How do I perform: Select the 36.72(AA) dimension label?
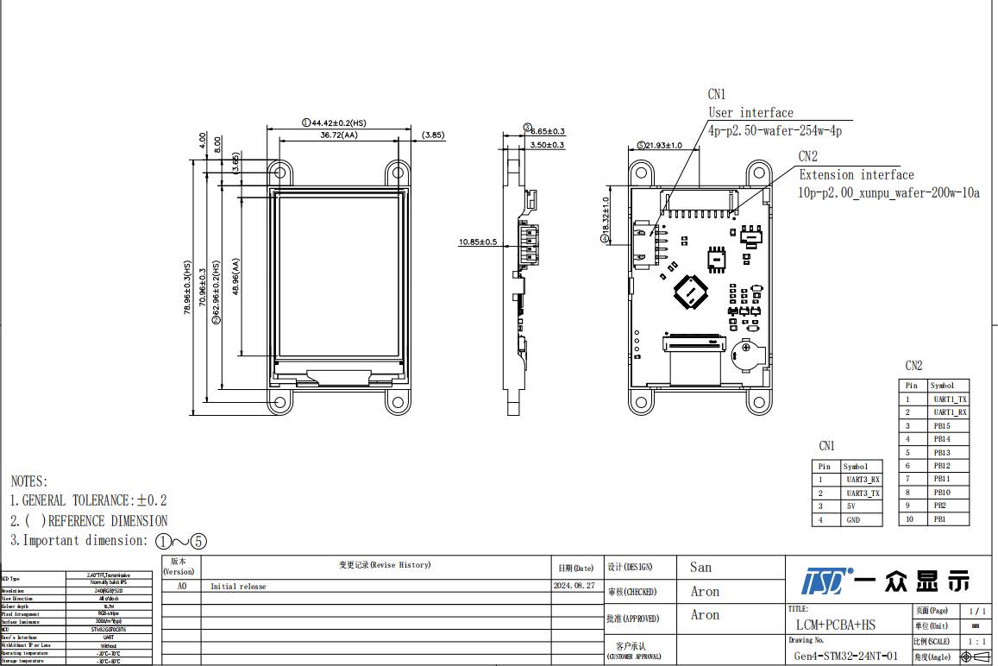[338, 135]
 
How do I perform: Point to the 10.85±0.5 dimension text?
[477, 242]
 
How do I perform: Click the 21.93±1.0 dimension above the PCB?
[664, 146]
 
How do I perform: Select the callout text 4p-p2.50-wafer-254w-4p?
[775, 131]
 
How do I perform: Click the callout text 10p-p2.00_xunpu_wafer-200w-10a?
[888, 193]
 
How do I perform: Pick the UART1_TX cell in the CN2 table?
[949, 399]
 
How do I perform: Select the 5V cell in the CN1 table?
[850, 506]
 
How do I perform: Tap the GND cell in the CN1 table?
[852, 520]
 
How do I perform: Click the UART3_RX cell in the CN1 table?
[862, 480]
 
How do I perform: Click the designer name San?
[700, 567]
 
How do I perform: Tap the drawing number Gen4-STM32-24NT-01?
[845, 657]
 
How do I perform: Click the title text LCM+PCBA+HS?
[835, 625]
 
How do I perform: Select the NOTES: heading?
[29, 481]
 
